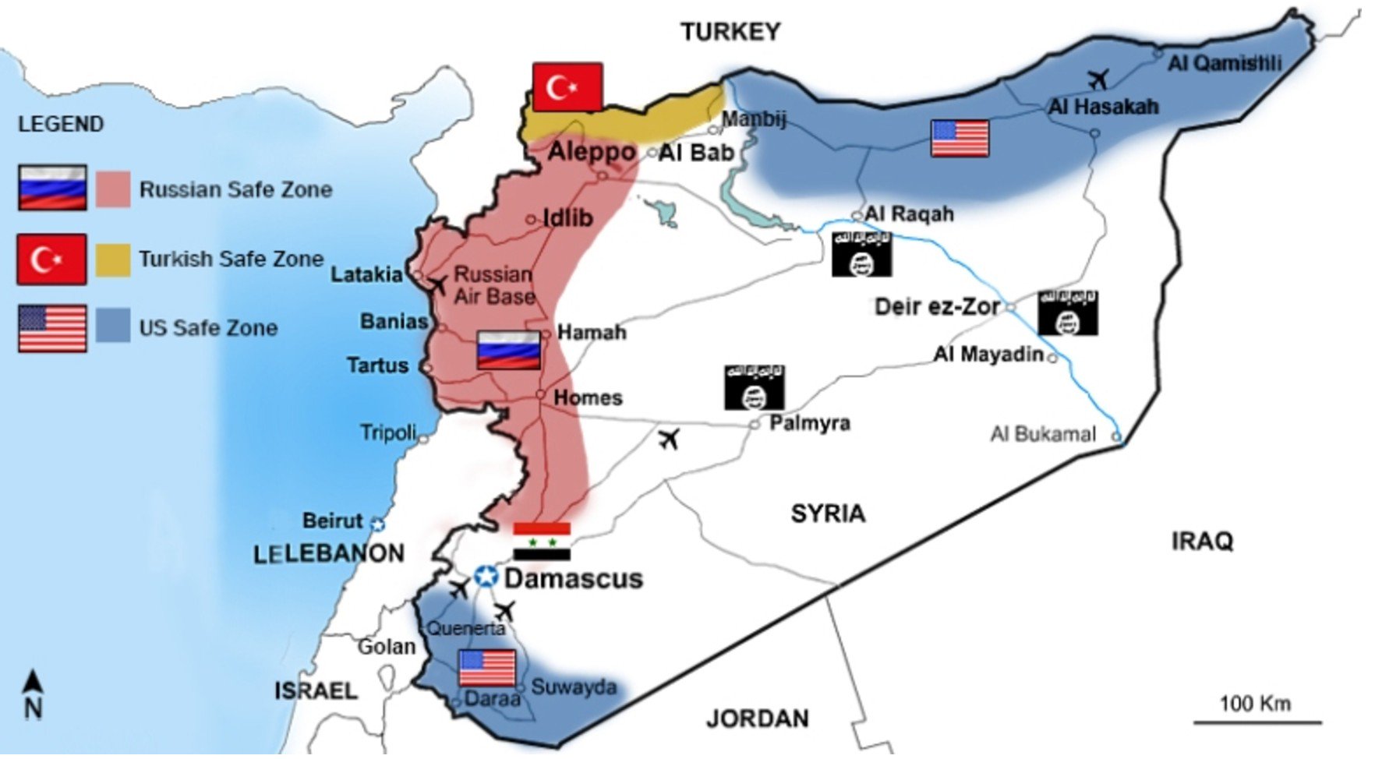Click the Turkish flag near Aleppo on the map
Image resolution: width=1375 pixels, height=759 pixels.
coord(567,87)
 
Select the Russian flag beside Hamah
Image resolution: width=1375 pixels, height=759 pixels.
coord(508,350)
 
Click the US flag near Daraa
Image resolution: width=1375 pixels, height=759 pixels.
coord(487,669)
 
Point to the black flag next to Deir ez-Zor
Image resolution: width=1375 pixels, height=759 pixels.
coord(1067,313)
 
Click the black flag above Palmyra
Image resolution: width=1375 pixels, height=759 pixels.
coord(754,387)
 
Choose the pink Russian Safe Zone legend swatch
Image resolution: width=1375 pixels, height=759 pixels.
coord(113,190)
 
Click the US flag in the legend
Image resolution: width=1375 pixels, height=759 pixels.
coord(52,328)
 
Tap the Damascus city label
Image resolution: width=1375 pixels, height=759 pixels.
coord(573,579)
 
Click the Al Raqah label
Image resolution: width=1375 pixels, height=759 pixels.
coord(909,214)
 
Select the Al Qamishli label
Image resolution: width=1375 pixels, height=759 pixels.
coord(1224,63)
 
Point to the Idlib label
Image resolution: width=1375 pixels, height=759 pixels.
coord(567,218)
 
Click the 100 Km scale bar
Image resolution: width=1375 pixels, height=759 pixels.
coord(1257,722)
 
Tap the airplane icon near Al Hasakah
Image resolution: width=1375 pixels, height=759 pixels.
coord(1098,79)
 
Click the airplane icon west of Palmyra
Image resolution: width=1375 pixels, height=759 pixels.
coord(668,439)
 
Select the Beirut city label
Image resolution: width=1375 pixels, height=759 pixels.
coord(333,521)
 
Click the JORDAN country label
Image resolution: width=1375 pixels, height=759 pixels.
coord(757,718)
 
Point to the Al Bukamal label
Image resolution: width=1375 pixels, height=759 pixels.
coord(1043,434)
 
